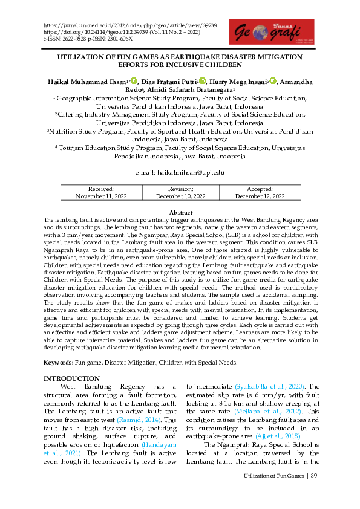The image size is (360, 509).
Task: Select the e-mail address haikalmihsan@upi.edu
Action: tap(180, 173)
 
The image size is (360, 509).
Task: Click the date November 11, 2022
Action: tap(101, 196)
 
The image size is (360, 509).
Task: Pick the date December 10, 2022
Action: tap(180, 196)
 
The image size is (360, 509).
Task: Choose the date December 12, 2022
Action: tap(260, 196)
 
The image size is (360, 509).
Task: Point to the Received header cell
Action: tap(101, 189)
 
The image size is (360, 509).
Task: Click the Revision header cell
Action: tap(180, 189)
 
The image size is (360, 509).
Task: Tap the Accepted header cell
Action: tap(260, 189)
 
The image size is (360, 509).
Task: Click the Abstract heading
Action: tap(180, 213)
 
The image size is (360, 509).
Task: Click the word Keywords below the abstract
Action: tap(57, 363)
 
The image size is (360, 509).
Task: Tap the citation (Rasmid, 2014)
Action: tap(143, 419)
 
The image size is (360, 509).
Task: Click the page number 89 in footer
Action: tap(314, 476)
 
